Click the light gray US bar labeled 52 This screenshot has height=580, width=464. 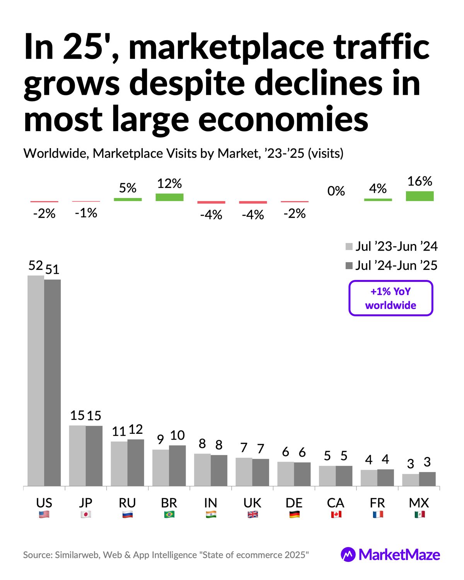(36, 381)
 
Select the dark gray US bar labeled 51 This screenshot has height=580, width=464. (53, 383)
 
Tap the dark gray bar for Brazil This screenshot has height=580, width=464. (177, 466)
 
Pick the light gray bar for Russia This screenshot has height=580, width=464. (119, 464)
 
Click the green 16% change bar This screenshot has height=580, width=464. (420, 196)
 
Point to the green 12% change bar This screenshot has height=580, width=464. (169, 197)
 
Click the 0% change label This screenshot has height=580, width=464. (336, 191)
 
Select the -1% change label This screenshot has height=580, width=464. (86, 213)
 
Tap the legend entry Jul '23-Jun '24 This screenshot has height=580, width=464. (391, 246)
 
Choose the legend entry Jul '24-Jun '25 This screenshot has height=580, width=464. (391, 266)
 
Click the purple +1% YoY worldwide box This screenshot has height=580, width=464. (391, 298)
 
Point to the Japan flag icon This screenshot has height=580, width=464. (86, 515)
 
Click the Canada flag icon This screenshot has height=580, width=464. (336, 515)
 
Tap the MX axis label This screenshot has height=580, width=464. (419, 503)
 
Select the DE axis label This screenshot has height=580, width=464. (294, 503)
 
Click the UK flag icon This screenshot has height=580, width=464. (252, 515)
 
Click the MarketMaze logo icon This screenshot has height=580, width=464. (348, 554)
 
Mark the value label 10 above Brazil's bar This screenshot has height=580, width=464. (177, 435)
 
